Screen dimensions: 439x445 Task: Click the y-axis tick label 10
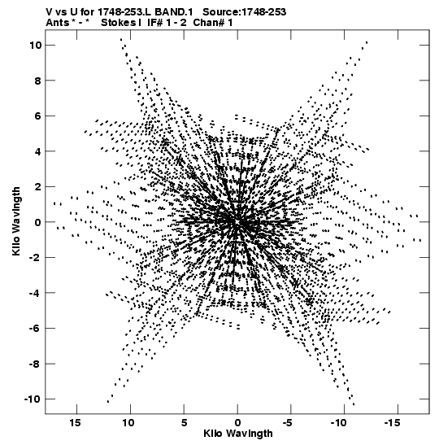[36, 45]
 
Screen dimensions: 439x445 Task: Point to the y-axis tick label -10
[33, 399]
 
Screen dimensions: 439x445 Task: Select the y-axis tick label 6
[38, 116]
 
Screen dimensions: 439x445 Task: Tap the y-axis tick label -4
[36, 293]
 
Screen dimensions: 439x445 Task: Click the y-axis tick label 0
[38, 222]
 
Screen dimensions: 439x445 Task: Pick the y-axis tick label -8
[36, 364]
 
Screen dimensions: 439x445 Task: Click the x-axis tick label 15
[75, 423]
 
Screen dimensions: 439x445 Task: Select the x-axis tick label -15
[392, 423]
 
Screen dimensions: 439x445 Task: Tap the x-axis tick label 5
[184, 423]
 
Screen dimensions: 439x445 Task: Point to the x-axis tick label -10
[338, 423]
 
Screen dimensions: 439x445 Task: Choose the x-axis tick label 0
[237, 423]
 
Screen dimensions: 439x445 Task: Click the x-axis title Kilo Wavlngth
[238, 434]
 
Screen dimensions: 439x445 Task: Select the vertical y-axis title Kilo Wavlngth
[16, 221]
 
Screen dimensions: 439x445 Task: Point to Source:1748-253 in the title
[244, 12]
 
